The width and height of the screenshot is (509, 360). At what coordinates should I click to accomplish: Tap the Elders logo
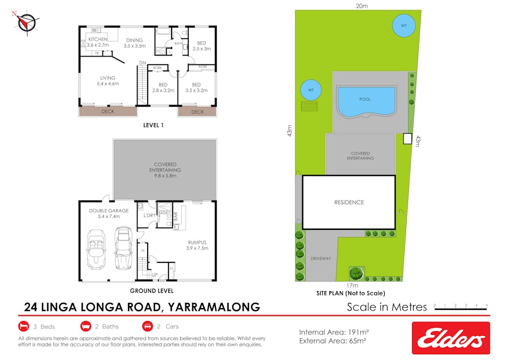click(450, 338)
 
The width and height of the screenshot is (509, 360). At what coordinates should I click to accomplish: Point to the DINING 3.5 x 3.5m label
click(134, 43)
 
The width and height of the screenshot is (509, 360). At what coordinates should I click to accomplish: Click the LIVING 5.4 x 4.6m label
click(108, 81)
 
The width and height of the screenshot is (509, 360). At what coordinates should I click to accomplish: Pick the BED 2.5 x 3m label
click(201, 46)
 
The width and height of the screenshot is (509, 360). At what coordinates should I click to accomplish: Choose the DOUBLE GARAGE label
click(109, 214)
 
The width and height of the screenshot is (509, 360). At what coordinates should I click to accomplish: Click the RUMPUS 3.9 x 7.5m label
click(197, 244)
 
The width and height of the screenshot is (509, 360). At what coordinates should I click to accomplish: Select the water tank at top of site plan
click(403, 25)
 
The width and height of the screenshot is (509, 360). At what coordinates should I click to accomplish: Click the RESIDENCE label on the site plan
click(349, 202)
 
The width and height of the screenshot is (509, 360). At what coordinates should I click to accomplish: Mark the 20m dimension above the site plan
click(362, 6)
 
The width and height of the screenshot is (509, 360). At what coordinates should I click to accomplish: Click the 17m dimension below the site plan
click(350, 286)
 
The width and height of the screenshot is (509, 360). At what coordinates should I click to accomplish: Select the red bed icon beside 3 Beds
click(24, 326)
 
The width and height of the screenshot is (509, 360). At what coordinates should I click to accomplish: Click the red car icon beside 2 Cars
click(147, 326)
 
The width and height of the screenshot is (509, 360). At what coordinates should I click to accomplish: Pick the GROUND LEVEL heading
click(151, 291)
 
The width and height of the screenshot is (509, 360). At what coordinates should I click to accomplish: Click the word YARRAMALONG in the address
click(214, 307)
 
